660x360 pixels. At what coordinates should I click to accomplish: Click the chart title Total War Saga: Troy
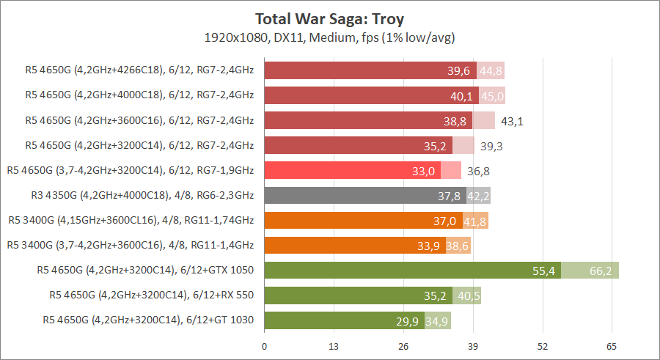pos(329,18)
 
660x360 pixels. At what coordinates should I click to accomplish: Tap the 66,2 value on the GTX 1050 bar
pos(601,271)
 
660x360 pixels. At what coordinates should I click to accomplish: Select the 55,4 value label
pos(543,271)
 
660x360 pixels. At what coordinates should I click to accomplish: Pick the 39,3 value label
pos(491,146)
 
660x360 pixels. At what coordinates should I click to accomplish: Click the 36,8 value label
pos(478,171)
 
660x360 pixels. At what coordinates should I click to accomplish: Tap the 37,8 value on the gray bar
pos(449,196)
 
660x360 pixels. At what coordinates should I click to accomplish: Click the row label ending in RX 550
pos(151,295)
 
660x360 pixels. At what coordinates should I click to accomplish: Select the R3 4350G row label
pos(139,196)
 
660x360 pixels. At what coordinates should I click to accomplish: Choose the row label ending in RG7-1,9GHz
pos(130,171)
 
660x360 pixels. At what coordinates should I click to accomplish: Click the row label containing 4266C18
pos(139,71)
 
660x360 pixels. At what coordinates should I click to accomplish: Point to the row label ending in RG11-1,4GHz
pos(130,246)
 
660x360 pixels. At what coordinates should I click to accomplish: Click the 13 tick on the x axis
pos(334,345)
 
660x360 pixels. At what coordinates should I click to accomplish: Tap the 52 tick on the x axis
pos(543,345)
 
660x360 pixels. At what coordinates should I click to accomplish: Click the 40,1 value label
pos(460,96)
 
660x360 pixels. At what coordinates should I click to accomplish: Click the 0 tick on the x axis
pos(264,345)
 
